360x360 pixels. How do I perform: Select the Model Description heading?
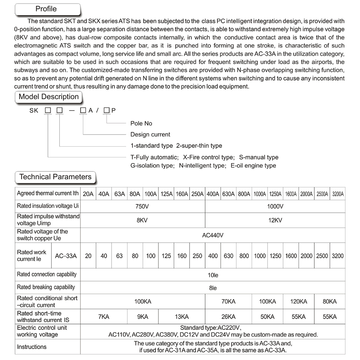(49, 97)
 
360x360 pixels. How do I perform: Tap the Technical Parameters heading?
(55, 177)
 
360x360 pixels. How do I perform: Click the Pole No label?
(141, 123)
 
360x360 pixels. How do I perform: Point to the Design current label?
(150, 134)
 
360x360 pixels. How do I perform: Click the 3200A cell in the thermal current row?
(338, 194)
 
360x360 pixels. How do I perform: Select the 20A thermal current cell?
(88, 194)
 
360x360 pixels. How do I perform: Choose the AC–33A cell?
(66, 256)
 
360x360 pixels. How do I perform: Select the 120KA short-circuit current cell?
(298, 301)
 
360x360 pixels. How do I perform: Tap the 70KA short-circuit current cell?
(228, 301)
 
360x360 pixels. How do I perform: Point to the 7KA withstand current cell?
(104, 317)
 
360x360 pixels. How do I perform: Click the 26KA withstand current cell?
(228, 317)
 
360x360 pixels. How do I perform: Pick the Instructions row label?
(32, 347)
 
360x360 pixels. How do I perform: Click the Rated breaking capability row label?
(46, 287)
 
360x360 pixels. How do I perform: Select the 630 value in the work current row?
(228, 256)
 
